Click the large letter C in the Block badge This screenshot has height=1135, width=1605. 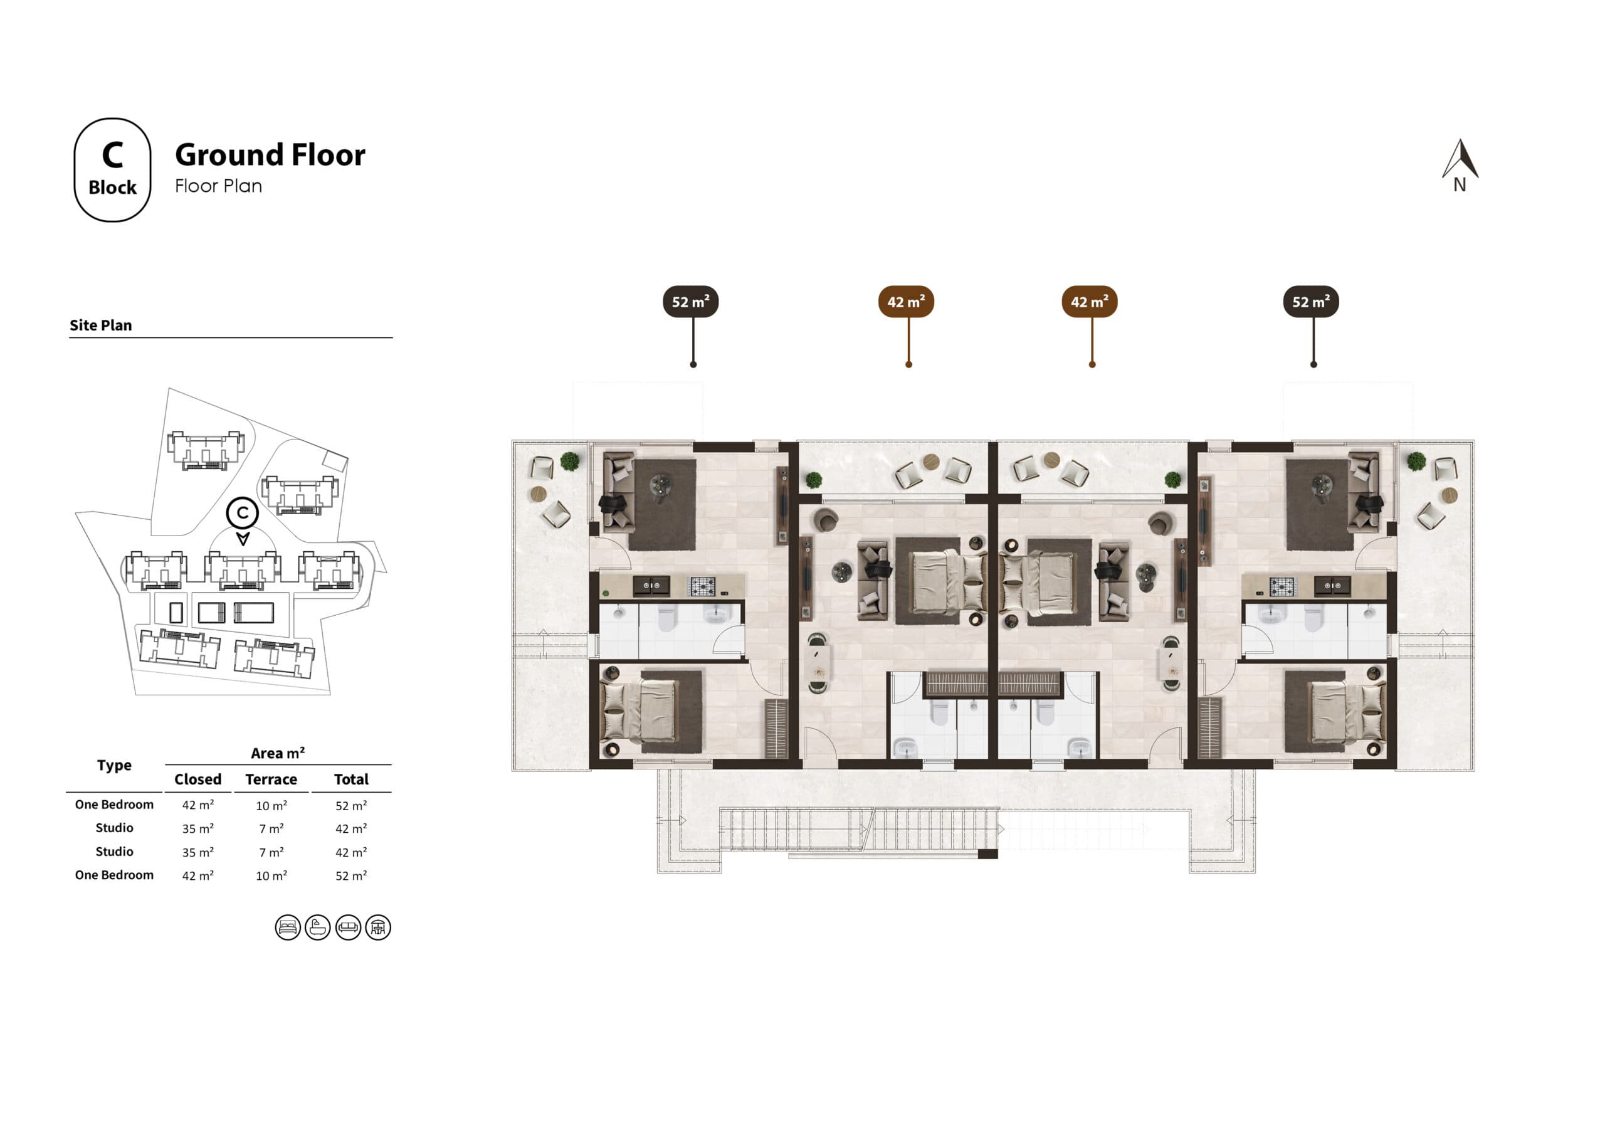113,156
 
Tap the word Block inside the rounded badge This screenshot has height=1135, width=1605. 113,187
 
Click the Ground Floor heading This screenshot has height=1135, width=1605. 270,154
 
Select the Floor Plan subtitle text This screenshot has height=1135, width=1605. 218,186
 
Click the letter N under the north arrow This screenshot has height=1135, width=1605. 1460,184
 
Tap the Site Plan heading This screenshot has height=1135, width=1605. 101,325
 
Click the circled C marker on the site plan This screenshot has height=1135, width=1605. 243,512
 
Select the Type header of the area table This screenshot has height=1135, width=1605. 114,765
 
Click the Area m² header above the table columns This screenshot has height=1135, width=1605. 278,753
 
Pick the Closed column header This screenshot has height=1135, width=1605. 198,779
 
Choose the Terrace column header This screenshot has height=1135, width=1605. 271,779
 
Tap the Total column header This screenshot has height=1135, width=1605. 351,779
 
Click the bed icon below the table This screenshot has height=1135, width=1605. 287,928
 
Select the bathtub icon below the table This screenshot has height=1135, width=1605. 317,928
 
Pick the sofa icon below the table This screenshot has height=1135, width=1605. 348,928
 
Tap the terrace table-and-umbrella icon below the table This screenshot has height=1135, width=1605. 378,928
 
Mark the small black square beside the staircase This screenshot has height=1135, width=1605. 987,854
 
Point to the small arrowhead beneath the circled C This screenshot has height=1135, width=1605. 243,539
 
